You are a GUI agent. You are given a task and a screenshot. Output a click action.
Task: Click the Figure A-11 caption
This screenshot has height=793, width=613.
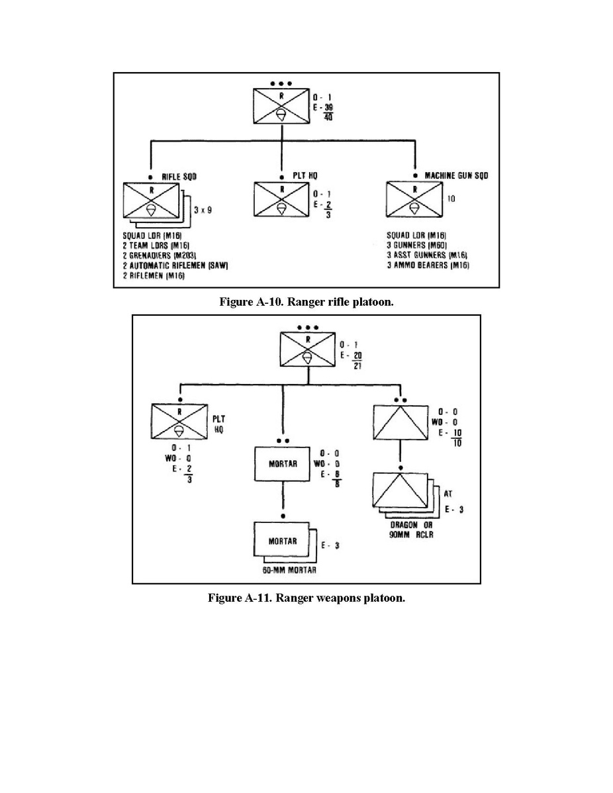coord(306,598)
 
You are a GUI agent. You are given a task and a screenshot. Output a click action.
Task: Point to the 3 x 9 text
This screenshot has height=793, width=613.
coord(203,210)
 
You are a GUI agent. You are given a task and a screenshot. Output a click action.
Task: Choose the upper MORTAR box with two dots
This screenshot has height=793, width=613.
coord(283,463)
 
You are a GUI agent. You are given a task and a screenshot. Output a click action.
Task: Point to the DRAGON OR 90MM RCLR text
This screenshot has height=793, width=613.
coord(407,530)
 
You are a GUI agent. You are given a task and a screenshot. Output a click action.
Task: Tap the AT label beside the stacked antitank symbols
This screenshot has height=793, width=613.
coord(449,492)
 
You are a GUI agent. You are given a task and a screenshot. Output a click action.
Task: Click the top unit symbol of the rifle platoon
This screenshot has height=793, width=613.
coord(282,105)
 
